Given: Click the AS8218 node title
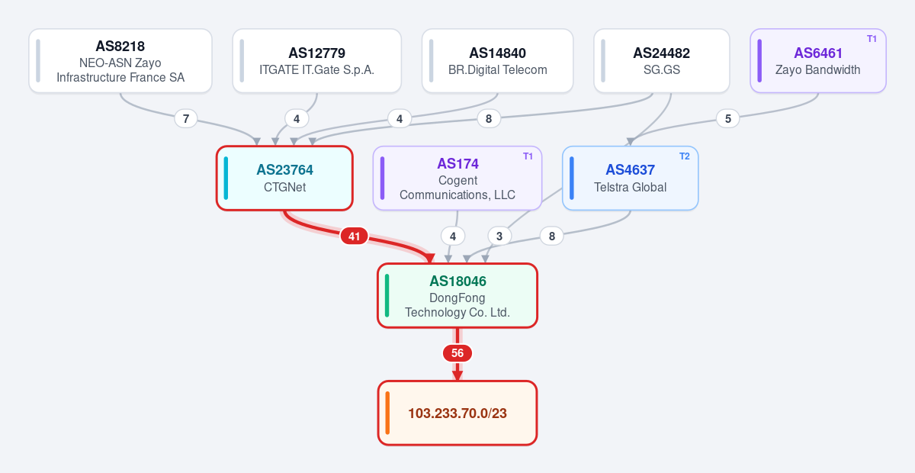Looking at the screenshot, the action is tap(120, 47).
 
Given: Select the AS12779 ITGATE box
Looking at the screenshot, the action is tap(317, 61).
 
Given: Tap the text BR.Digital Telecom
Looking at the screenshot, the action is tap(497, 70).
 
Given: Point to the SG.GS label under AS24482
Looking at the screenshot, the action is tap(662, 70).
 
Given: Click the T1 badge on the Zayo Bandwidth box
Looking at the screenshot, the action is tap(872, 39).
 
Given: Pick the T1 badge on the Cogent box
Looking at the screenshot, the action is tap(528, 156).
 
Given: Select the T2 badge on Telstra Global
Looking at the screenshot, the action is tap(685, 156).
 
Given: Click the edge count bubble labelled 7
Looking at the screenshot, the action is tap(186, 119).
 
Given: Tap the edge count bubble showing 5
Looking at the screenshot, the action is tap(728, 119).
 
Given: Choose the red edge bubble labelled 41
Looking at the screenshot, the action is tap(354, 236).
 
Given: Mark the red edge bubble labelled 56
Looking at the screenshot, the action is tap(457, 353).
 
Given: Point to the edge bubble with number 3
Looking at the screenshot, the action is tap(499, 236).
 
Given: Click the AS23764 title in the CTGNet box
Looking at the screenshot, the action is tap(284, 170).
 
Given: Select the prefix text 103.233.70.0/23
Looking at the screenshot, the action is tap(457, 413).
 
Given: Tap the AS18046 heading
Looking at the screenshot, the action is tap(457, 282).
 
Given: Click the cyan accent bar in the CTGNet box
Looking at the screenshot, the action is tap(226, 179).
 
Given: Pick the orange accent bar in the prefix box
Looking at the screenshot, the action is tap(387, 413).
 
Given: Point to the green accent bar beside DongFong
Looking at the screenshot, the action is tap(387, 295).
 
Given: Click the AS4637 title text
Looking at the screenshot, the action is tap(631, 170).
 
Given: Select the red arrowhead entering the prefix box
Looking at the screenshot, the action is tap(457, 375).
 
